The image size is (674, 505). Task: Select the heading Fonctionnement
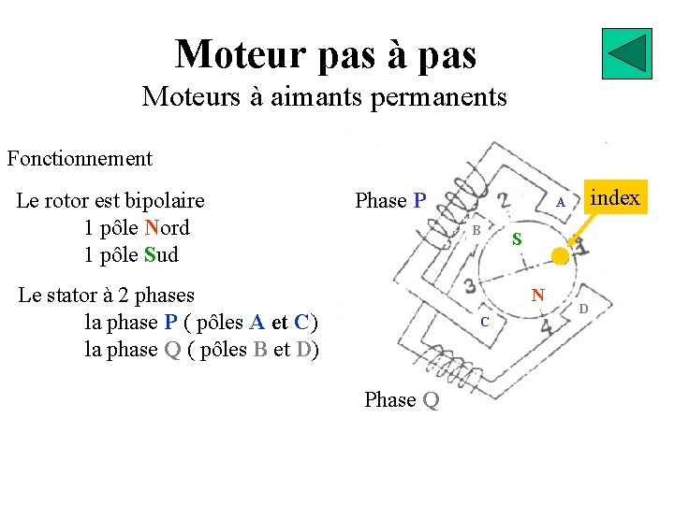click(x=80, y=158)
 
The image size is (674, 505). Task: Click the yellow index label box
click(x=616, y=198)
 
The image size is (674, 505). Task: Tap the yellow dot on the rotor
click(x=560, y=255)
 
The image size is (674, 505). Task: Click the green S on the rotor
click(x=517, y=241)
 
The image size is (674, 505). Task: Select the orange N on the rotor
click(x=537, y=296)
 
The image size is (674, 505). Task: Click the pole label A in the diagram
click(x=559, y=203)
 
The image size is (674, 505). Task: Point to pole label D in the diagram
click(x=582, y=309)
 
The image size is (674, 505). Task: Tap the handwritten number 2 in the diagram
click(x=504, y=200)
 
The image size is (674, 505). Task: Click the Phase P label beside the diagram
click(x=390, y=201)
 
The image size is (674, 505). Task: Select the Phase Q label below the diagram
click(x=402, y=400)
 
